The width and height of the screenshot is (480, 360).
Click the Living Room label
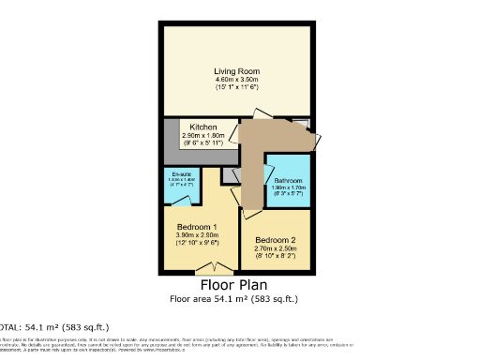[236, 71]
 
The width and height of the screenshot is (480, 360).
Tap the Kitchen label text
[203, 127]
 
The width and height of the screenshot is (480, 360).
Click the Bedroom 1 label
[197, 227]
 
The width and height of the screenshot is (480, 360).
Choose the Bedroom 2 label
[275, 238]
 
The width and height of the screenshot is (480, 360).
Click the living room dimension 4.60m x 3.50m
[236, 81]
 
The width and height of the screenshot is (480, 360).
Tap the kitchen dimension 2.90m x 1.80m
[203, 135]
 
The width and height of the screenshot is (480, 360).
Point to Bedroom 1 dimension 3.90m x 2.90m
[197, 236]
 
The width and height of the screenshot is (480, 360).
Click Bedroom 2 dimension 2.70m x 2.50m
[275, 247]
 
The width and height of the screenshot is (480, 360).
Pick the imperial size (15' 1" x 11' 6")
[236, 90]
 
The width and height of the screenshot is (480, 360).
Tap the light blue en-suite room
[181, 192]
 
